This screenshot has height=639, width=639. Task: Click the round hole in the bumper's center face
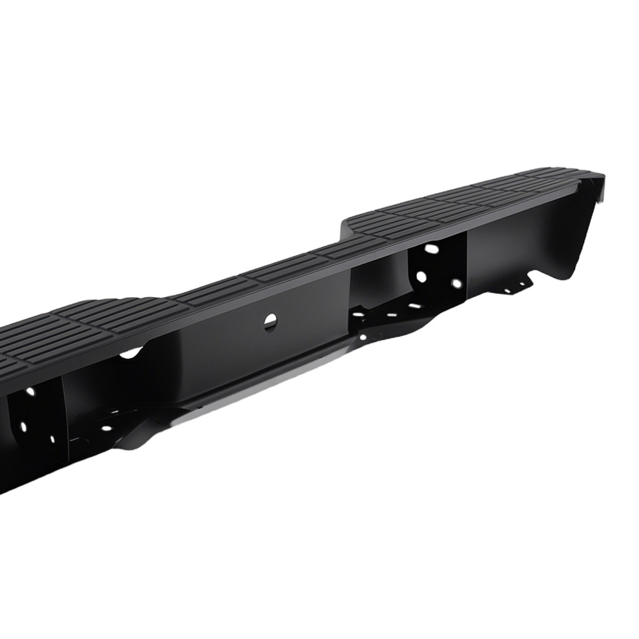coord(270,322)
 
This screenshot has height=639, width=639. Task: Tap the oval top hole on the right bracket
coord(432,249)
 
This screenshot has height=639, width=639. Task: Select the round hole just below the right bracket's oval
coord(422,277)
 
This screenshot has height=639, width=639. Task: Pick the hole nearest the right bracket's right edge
coord(456,283)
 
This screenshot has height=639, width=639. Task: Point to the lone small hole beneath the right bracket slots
coord(363,336)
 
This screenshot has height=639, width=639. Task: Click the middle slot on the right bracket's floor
coord(392,314)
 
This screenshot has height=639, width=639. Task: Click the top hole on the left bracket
coord(30,391)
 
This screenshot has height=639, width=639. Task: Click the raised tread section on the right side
coord(460,198)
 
